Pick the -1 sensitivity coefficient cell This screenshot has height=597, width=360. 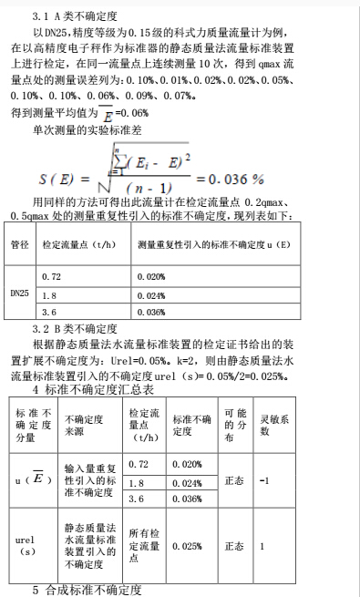pos(264,480)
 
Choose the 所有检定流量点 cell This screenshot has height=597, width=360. pos(144,545)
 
